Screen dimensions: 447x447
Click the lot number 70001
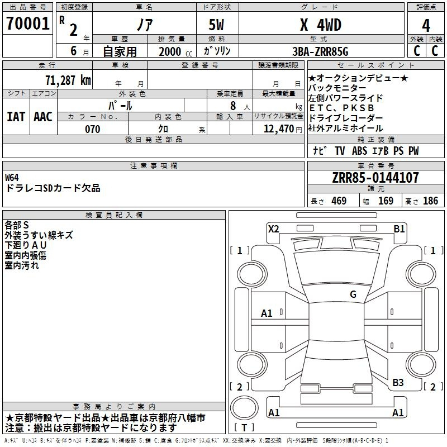point(28,23)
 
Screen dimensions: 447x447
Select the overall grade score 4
point(426,26)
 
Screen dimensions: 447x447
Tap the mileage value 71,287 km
point(68,80)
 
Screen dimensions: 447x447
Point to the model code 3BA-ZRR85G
point(320,51)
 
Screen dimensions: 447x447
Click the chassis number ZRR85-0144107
point(375,178)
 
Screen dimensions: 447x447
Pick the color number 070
point(93,129)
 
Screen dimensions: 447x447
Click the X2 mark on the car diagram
point(273,229)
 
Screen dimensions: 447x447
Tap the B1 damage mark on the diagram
point(399,229)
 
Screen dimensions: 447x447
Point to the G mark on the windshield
point(353,294)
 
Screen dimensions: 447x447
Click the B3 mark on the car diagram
point(398,383)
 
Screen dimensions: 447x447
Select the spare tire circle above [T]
point(244,408)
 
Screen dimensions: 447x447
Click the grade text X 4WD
point(321,25)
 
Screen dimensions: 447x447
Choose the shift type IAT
point(16,117)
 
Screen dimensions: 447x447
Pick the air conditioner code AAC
point(43,117)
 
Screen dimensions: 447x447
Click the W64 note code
point(12,178)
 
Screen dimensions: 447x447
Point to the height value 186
point(430,201)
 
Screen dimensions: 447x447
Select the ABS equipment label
point(359,151)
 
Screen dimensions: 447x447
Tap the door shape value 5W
point(216,25)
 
